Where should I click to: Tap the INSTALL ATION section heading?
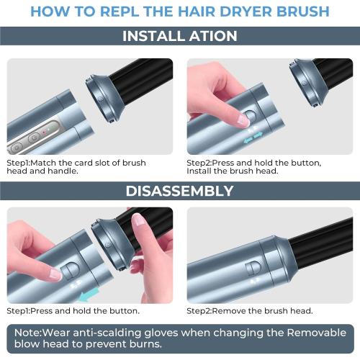click(179, 36)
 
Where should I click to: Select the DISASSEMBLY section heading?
click(179, 191)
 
